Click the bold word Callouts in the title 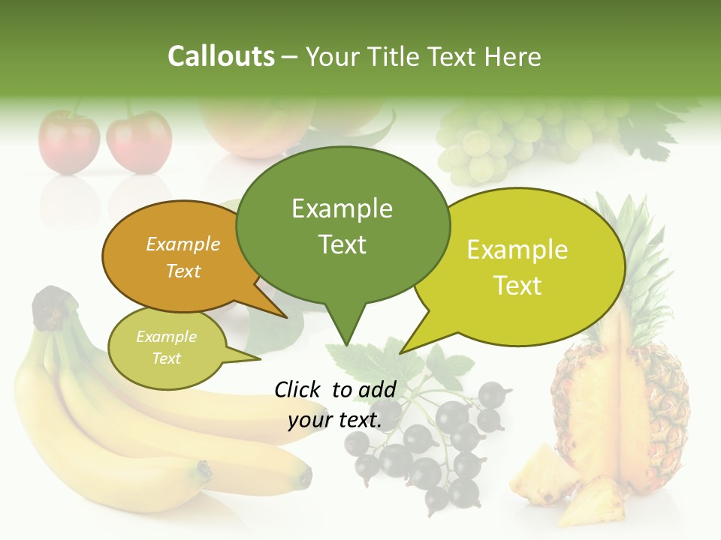coord(221,56)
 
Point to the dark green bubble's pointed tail coord(345,330)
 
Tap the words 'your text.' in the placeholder coord(335,420)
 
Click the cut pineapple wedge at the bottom coord(545,472)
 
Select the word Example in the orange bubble coord(183,244)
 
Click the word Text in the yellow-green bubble coord(517,285)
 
